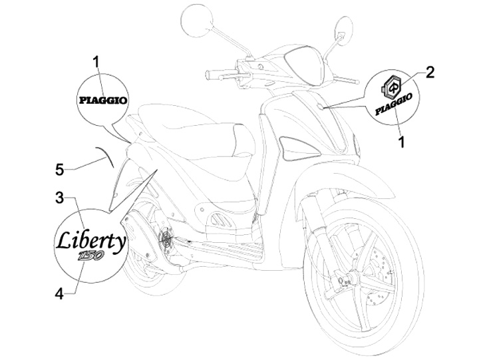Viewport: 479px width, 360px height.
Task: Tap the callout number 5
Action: coord(59,170)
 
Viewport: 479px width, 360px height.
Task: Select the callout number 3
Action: coord(59,198)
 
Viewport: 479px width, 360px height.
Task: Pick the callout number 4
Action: coord(59,293)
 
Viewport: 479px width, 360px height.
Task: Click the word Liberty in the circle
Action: coord(89,242)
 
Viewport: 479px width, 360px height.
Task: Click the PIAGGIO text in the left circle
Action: coord(99,101)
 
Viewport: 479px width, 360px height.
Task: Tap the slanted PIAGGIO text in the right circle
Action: coord(396,104)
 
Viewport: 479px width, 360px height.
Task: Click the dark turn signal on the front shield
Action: coord(291,146)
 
